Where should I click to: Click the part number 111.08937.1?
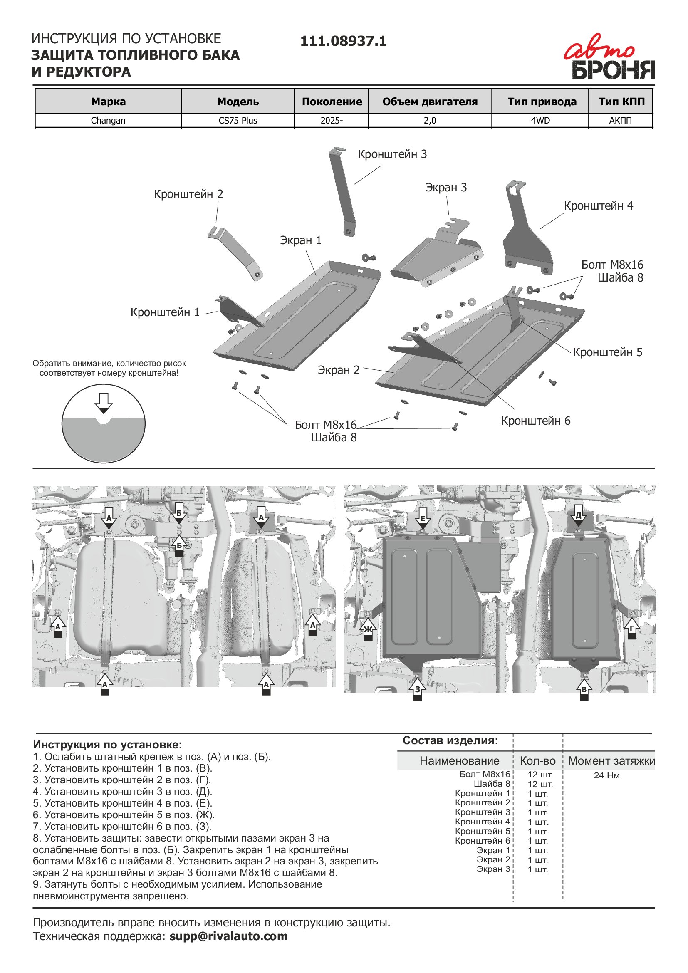point(343,41)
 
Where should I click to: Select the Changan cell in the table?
point(108,120)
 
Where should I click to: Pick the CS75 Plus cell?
point(238,120)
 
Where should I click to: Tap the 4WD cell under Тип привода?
point(540,120)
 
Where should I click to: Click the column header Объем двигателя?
point(430,102)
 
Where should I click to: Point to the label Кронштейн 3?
point(392,154)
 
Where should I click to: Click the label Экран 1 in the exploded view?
point(300,240)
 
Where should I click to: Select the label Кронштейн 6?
point(535,421)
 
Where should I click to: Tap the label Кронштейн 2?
point(188,194)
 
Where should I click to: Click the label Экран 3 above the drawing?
point(445,187)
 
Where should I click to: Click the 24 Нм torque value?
point(606,775)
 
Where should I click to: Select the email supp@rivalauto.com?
point(228,936)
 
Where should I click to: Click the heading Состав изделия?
point(450,740)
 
